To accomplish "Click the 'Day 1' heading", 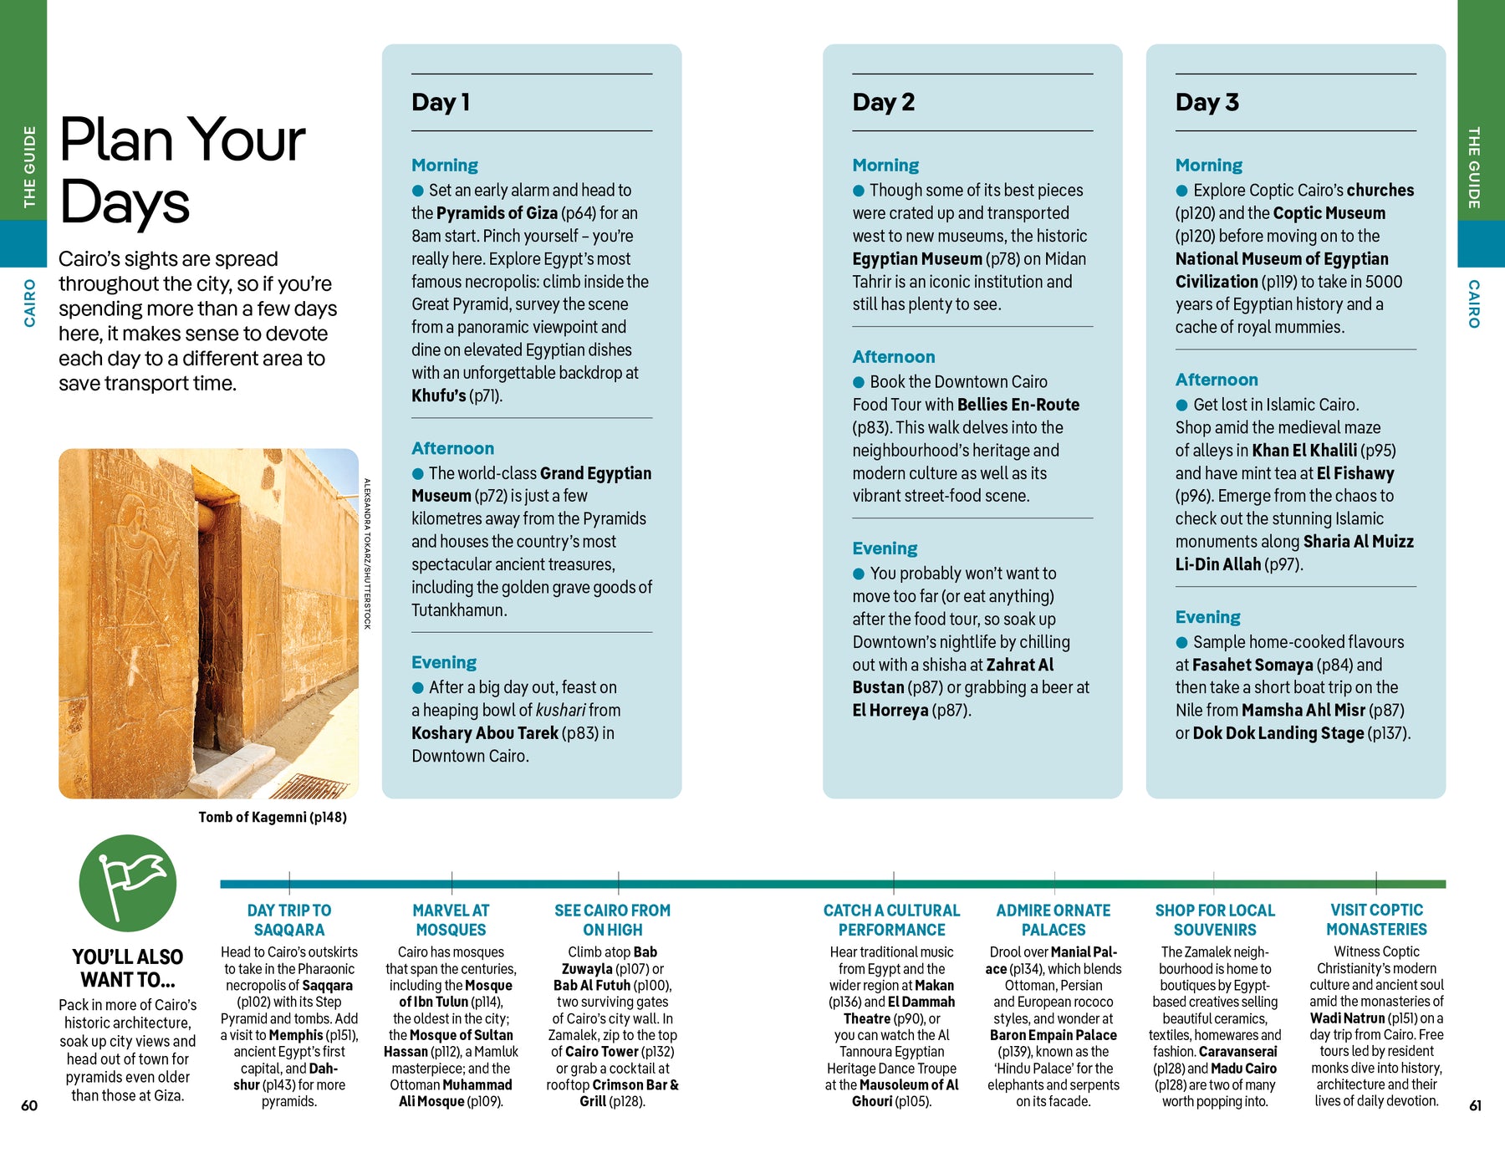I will point(441,102).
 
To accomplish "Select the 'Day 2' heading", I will point(883,102).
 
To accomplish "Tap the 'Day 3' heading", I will point(1207,102).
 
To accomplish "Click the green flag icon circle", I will point(128,883).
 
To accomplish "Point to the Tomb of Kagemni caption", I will point(273,817).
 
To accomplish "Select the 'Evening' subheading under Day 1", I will point(444,662).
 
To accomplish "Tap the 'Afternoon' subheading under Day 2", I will point(894,357).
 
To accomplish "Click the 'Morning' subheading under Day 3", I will point(1208,166).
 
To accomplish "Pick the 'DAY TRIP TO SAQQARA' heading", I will point(289,920).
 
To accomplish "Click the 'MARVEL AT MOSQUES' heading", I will point(451,920).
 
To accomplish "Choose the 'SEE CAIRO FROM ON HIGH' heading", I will point(613,920).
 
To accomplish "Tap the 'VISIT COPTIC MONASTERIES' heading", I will point(1376,920).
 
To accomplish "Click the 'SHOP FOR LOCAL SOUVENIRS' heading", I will point(1215,920).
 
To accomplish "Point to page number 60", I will point(29,1105).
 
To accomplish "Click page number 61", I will point(1476,1105).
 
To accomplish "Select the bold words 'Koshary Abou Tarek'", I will point(485,733).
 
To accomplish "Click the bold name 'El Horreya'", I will point(890,711).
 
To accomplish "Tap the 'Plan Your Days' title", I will point(182,171).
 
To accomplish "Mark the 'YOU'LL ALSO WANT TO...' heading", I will point(128,968).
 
